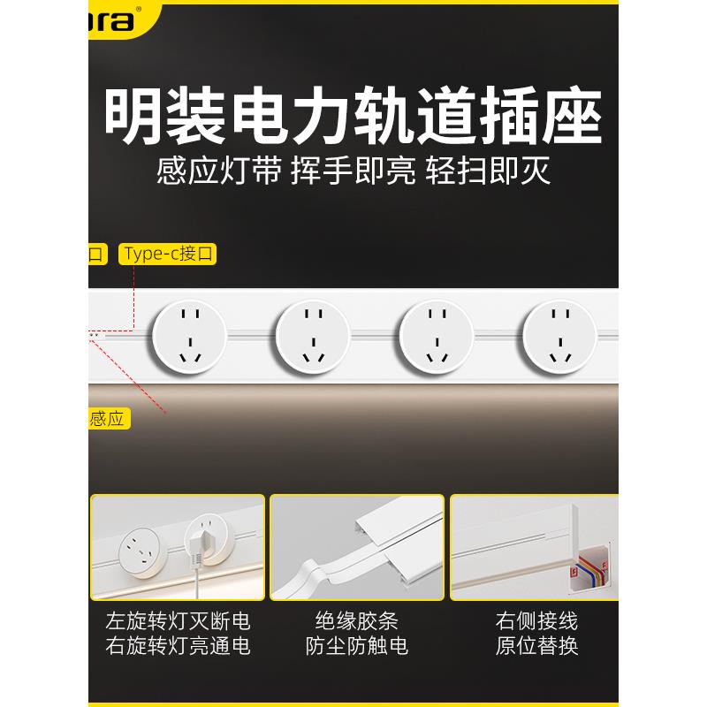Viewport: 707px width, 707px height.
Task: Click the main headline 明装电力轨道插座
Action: point(353,116)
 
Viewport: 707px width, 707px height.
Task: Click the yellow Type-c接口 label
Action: point(169,254)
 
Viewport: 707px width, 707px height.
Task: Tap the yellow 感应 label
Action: point(108,418)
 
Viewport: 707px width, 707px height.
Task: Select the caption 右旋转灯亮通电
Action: point(176,647)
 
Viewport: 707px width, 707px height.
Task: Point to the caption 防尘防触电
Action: point(356,647)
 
